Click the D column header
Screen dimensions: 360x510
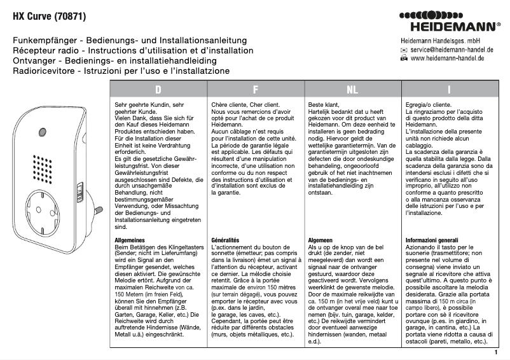click(158, 90)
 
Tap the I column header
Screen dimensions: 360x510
click(450, 90)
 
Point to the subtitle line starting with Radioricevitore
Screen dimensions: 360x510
click(121, 71)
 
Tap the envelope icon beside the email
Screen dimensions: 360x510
click(404, 50)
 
